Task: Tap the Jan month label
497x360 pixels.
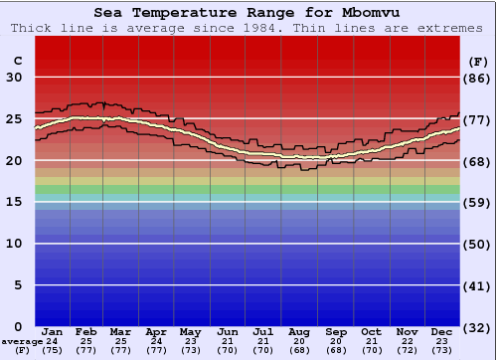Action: point(53,331)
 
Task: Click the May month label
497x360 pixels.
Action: point(189,331)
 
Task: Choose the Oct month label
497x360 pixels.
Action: point(371,331)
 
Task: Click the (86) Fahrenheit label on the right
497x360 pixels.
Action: point(477,78)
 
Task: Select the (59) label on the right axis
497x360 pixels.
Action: point(477,202)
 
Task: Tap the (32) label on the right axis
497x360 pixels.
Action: point(477,326)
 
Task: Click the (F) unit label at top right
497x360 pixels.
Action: point(477,60)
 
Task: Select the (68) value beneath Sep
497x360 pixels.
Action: point(336,349)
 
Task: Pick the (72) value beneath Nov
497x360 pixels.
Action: point(407,349)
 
